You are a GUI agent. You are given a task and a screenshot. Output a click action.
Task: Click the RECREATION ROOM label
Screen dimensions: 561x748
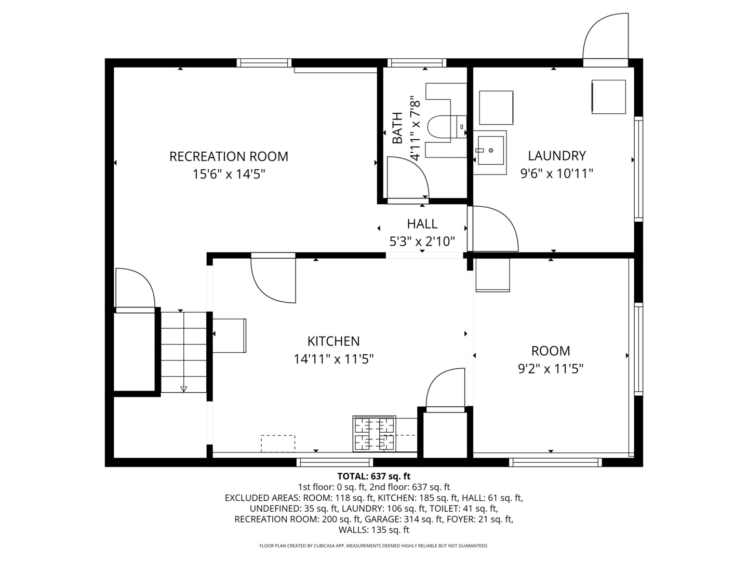[x=229, y=156]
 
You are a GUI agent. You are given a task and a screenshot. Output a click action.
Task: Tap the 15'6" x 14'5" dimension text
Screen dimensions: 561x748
[x=229, y=174]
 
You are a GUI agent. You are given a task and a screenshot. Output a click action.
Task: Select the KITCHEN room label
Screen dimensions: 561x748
[x=333, y=341]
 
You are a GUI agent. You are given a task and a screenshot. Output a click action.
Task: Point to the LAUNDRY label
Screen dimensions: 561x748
[x=557, y=155]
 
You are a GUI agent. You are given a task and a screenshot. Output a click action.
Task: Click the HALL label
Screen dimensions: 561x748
[x=422, y=224]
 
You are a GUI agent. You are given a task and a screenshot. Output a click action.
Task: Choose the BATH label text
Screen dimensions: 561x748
[x=397, y=128]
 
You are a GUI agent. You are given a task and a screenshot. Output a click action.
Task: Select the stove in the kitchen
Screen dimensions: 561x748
[x=374, y=434]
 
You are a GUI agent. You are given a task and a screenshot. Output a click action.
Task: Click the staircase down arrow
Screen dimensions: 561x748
[x=183, y=389]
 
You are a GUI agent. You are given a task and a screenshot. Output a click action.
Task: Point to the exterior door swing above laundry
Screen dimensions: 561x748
[x=605, y=36]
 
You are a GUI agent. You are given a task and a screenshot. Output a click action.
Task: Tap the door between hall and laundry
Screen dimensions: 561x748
[x=493, y=229]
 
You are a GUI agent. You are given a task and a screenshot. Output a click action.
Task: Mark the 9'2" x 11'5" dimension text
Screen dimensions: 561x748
[x=551, y=369]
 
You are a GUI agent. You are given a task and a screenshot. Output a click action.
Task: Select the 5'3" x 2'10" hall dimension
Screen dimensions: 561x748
[x=422, y=242]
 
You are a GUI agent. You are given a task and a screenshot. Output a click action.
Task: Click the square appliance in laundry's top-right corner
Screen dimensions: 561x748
[x=609, y=97]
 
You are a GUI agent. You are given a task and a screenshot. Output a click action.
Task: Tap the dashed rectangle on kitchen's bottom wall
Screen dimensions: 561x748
[x=278, y=443]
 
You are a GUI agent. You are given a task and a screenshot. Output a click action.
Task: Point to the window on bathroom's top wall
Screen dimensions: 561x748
[x=418, y=63]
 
